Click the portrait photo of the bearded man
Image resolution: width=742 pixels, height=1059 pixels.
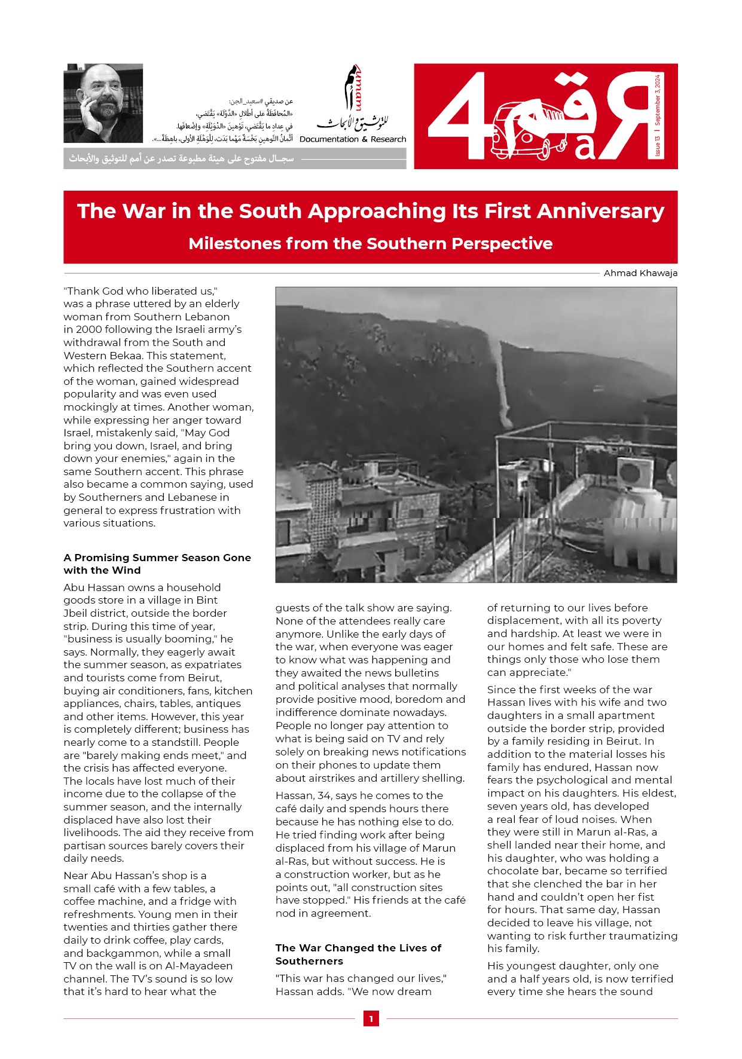click(x=103, y=103)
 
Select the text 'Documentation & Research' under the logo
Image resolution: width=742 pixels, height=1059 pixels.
click(x=353, y=139)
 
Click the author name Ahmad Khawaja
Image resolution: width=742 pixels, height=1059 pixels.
click(x=640, y=273)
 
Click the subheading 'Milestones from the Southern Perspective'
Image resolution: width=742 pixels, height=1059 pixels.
click(x=370, y=244)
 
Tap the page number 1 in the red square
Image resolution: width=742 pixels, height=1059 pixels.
click(x=371, y=1019)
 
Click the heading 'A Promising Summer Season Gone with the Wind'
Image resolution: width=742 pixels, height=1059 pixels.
click(x=157, y=564)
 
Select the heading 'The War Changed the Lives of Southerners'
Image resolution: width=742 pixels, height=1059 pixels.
click(x=358, y=954)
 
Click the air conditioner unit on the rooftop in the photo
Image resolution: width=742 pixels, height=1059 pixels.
click(x=635, y=472)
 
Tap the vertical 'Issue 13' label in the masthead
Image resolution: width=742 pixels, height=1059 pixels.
click(x=658, y=146)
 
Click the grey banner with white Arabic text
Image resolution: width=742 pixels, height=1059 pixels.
click(x=234, y=159)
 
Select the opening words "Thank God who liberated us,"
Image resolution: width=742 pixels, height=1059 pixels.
click(x=141, y=291)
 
